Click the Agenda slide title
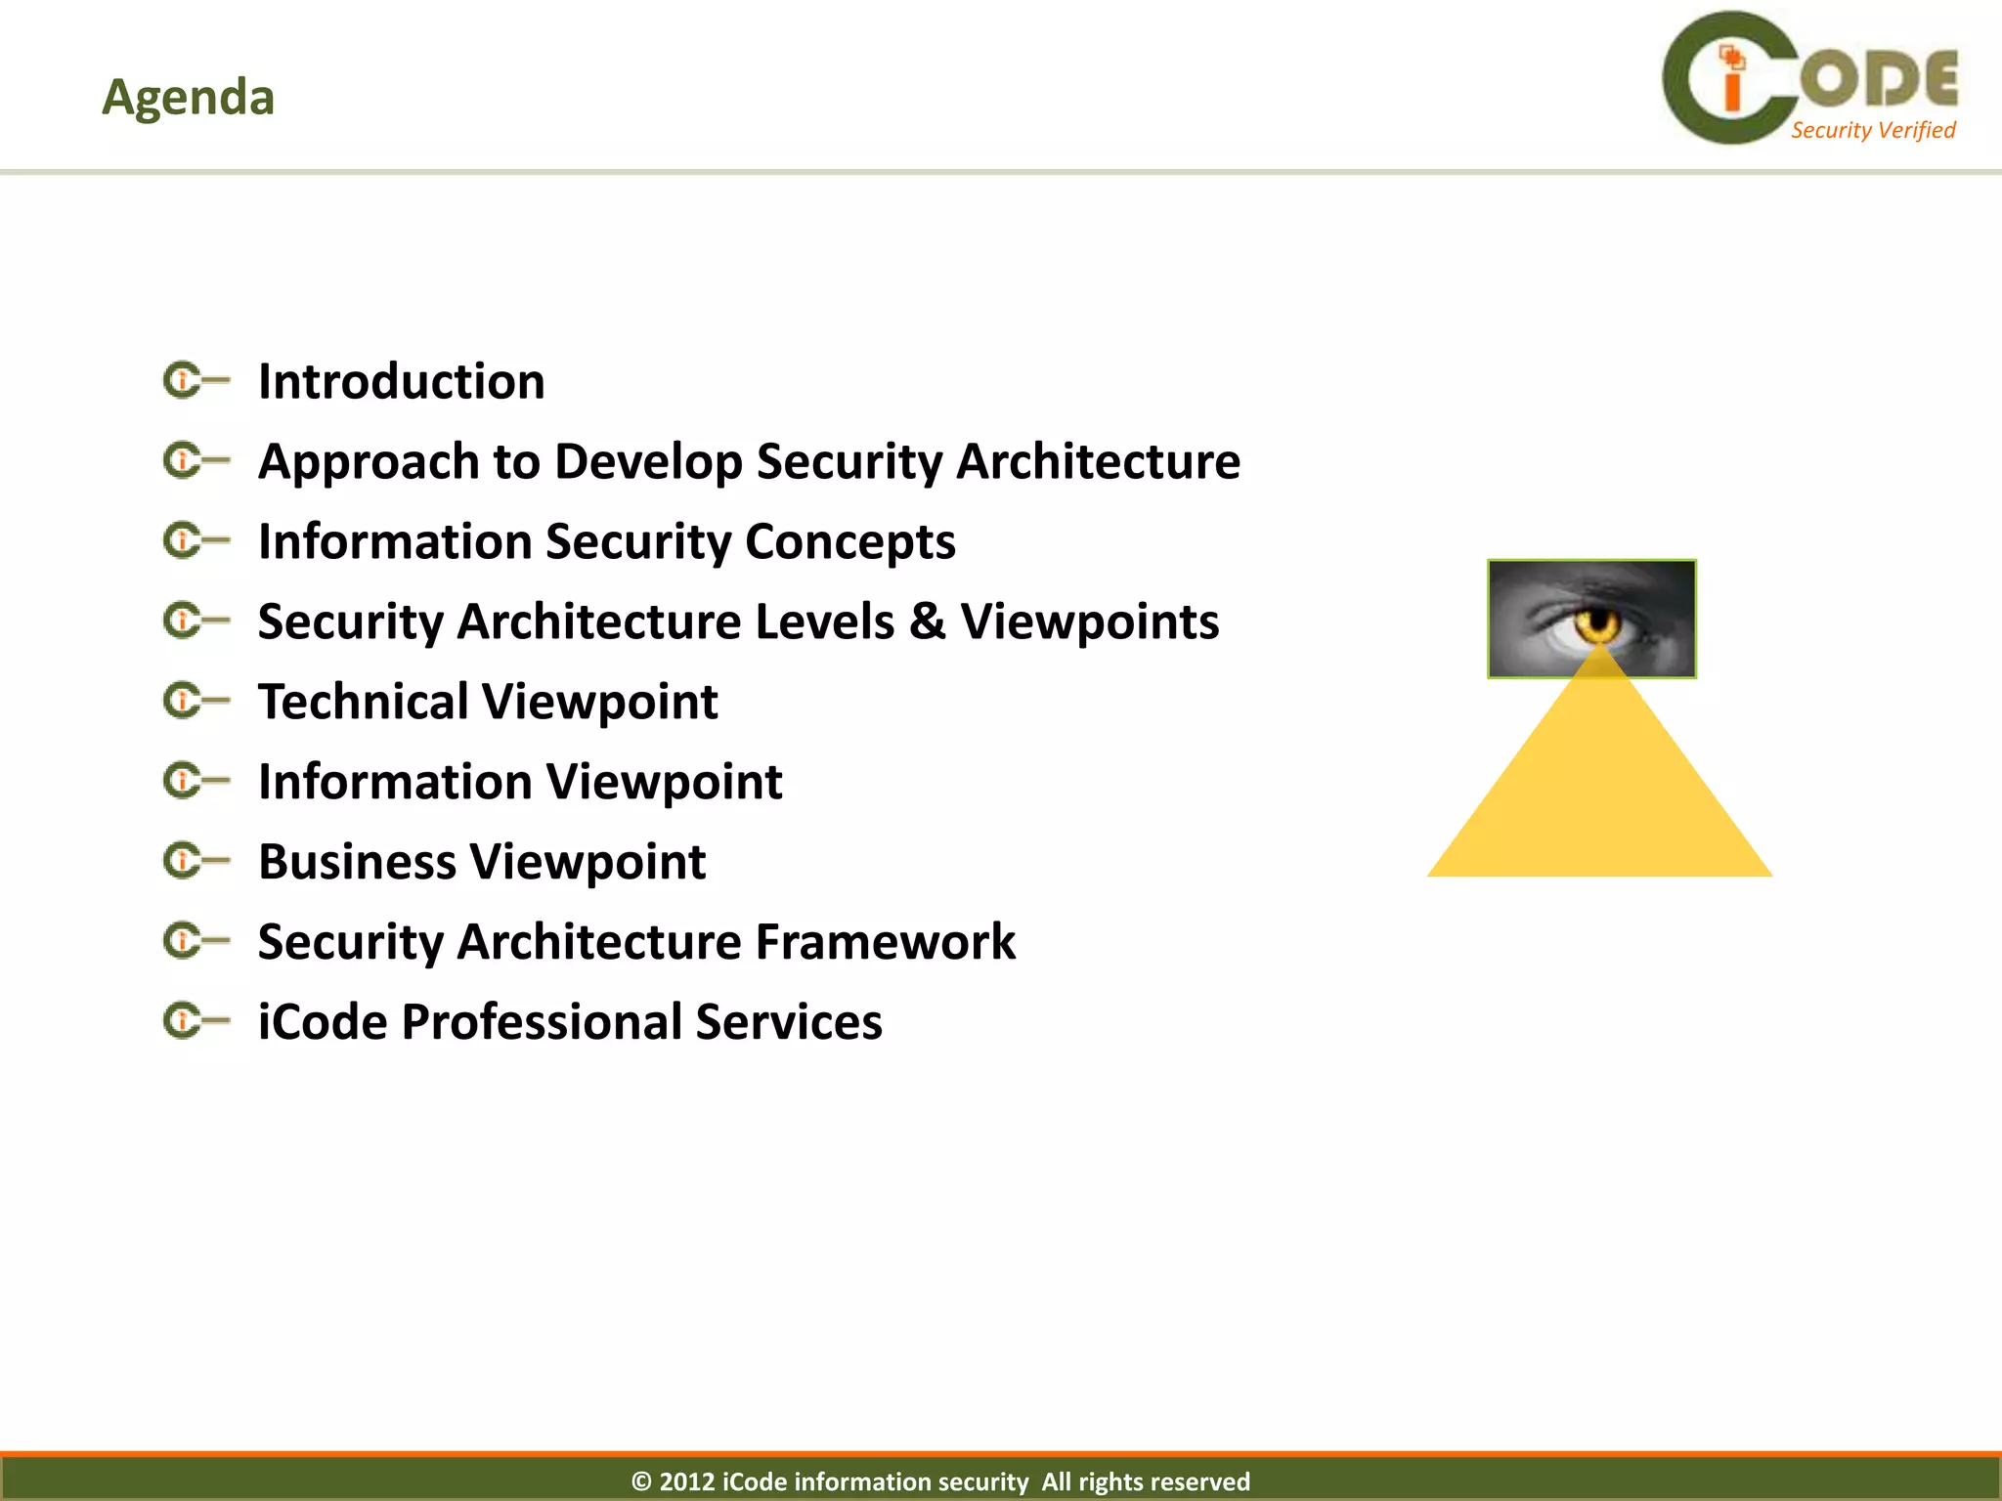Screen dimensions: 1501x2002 (188, 97)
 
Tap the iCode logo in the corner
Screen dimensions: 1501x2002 (1808, 78)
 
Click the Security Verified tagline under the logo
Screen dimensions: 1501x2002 (1872, 130)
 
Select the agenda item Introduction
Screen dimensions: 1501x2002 (401, 381)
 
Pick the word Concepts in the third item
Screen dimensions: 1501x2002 (849, 542)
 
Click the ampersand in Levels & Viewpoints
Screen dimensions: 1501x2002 (927, 622)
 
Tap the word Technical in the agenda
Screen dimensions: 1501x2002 (363, 702)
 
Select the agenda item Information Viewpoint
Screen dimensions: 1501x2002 (519, 782)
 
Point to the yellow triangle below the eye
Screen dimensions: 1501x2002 (1599, 792)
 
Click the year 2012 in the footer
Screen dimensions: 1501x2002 (686, 1481)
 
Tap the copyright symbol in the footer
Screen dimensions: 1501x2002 (641, 1481)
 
